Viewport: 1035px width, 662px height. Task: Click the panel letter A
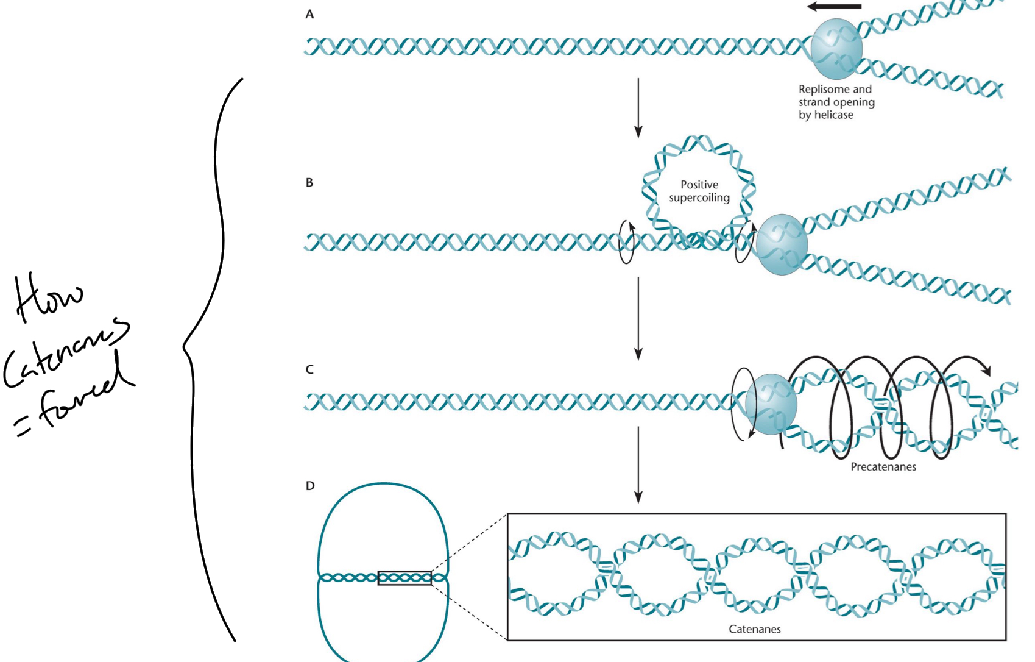tap(309, 14)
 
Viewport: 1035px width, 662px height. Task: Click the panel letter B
tap(309, 182)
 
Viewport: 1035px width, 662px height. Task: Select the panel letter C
tap(309, 369)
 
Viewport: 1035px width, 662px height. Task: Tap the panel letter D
tap(310, 486)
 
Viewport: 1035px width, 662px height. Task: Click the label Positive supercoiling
tap(699, 191)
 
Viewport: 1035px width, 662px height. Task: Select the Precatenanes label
tap(883, 467)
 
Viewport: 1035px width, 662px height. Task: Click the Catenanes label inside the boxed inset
tap(755, 629)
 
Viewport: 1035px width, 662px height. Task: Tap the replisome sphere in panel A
tap(836, 49)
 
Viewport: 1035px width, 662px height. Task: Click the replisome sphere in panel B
tap(782, 244)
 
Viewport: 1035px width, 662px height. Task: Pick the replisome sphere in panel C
tap(771, 404)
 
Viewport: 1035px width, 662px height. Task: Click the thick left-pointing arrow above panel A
tap(834, 7)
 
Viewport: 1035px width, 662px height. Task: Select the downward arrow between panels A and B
tap(638, 107)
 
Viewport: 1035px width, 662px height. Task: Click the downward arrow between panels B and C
tap(638, 318)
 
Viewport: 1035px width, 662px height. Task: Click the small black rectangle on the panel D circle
tap(404, 577)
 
